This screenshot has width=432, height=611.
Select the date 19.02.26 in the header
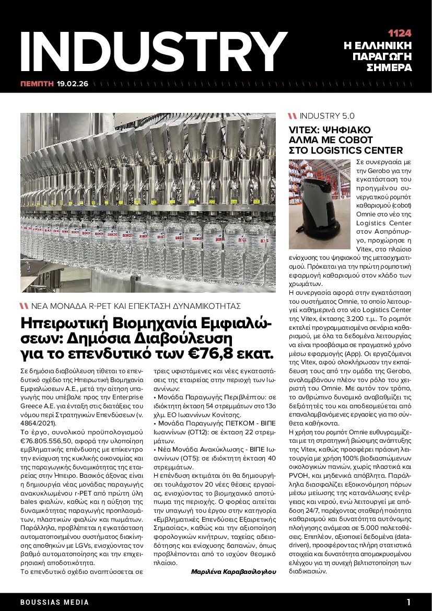73,83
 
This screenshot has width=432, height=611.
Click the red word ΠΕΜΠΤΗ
37,83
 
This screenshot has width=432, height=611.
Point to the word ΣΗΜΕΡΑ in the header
390,68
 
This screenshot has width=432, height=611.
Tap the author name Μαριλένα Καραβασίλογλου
233,572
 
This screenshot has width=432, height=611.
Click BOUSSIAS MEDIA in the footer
55,602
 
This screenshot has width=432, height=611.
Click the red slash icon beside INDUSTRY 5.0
293,116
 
